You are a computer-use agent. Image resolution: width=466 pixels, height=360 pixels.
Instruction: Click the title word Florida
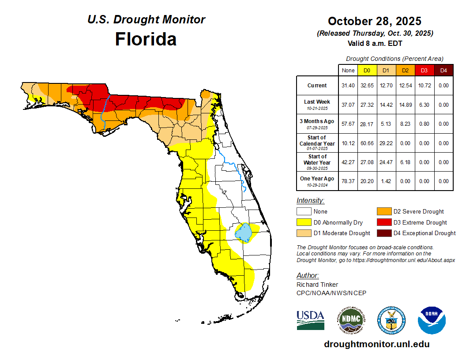point(146,39)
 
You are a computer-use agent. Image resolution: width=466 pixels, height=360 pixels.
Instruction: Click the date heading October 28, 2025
point(375,21)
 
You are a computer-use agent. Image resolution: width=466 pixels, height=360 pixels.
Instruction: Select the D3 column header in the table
point(424,70)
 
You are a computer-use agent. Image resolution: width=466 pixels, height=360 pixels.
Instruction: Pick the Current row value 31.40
point(348,86)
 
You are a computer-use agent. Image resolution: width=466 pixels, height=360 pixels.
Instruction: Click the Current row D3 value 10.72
point(424,86)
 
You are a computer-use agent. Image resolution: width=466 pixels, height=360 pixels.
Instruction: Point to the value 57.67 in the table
point(348,124)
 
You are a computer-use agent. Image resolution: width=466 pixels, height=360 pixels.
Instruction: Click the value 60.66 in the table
point(367,143)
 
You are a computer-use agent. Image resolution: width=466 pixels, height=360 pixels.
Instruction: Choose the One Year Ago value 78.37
point(348,181)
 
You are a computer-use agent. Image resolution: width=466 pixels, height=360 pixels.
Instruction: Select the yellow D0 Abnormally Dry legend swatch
point(304,222)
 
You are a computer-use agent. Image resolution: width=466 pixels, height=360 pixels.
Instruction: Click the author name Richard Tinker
point(317,285)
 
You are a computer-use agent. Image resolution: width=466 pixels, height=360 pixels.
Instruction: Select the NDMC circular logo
point(351,320)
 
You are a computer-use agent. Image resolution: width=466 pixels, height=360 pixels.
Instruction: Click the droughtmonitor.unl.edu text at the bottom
point(376,344)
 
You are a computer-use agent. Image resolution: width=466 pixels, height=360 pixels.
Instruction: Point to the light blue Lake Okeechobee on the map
point(244,232)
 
